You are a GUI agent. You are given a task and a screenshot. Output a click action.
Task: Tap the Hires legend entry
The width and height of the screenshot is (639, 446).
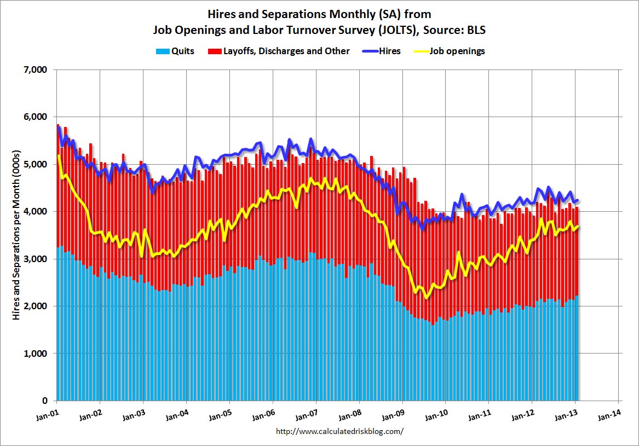click(x=389, y=51)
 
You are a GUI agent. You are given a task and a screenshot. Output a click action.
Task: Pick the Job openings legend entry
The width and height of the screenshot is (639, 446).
click(x=457, y=51)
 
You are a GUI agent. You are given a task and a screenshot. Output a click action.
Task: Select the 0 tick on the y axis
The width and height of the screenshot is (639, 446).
click(x=45, y=401)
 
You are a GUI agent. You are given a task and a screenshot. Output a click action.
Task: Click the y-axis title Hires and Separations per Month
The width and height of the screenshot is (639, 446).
click(x=16, y=235)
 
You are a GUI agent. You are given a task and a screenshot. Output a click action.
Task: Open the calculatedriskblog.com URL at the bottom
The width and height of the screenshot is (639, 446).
click(x=339, y=431)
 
